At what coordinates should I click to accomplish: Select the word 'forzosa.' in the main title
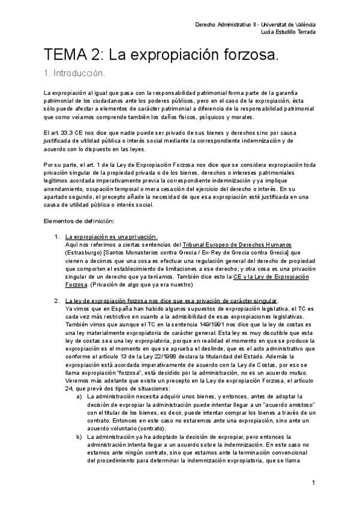(x=246, y=56)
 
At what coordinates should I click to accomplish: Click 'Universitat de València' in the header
(x=287, y=25)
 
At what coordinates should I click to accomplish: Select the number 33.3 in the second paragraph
(x=67, y=132)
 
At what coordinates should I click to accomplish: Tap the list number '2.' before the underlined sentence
(x=57, y=301)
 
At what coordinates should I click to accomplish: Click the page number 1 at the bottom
(x=314, y=483)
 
